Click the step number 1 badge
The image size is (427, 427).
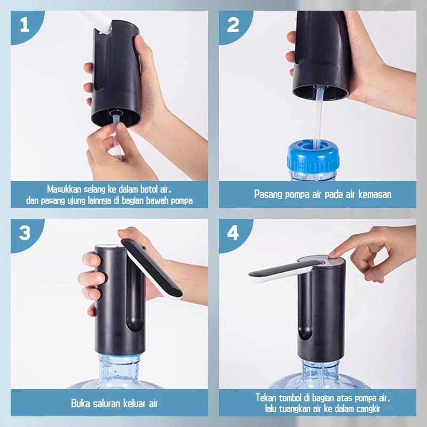[25, 25]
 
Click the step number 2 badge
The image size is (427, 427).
[233, 25]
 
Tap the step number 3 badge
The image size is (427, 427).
[25, 233]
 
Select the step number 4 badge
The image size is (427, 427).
[233, 233]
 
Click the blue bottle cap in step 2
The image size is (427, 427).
[313, 156]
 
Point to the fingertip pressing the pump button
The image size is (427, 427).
[333, 255]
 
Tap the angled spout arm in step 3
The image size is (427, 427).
[152, 268]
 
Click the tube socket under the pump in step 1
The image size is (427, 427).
[115, 113]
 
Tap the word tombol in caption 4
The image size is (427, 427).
[289, 398]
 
